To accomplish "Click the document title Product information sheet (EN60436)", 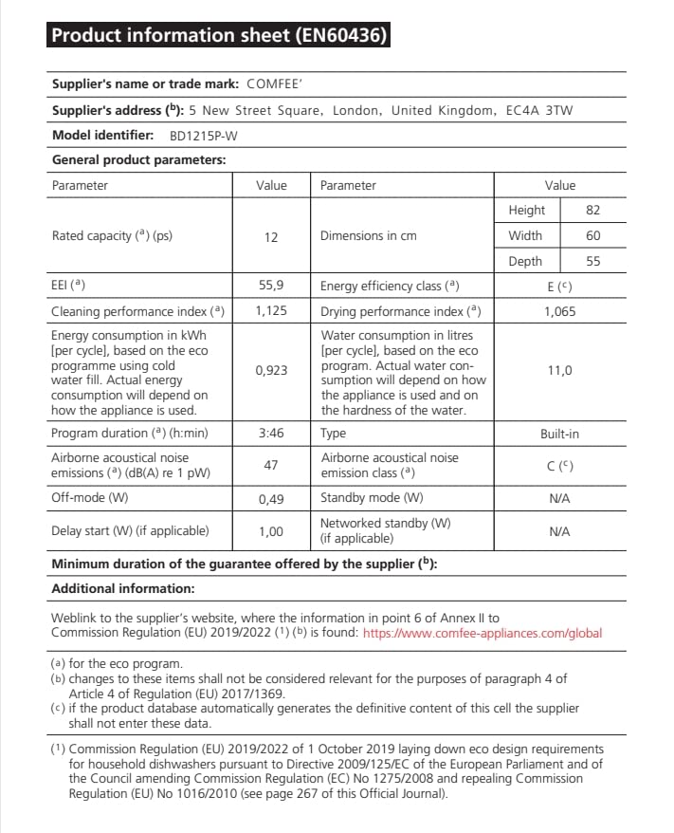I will [217, 36].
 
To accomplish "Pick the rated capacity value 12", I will [271, 237].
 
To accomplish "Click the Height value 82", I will [593, 211].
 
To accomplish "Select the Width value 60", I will [593, 236].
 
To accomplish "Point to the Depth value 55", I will [593, 262].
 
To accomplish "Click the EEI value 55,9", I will [271, 286].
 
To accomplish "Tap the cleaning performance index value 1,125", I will [271, 311].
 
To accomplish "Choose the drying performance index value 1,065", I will [559, 311].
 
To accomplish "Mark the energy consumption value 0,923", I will [271, 371].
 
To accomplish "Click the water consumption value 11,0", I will [559, 371].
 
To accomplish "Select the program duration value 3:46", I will [271, 434].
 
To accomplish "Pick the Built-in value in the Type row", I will [559, 434].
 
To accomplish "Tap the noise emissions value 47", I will [271, 466].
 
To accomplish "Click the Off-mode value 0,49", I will [271, 498].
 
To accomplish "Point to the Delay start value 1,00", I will [271, 531].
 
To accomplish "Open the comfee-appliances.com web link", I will [483, 633].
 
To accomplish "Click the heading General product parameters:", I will [138, 160].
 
